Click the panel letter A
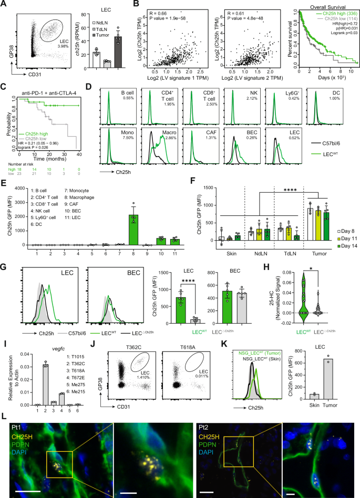4,4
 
